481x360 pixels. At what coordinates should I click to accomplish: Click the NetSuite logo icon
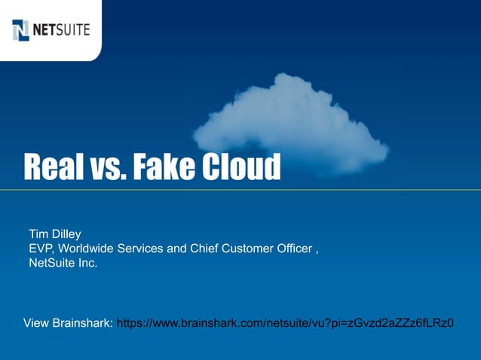coord(20,30)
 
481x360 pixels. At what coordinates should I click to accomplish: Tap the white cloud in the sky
coord(290,128)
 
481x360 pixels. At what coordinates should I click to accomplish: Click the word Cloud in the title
coord(239,167)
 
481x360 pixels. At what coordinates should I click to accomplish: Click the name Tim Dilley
coord(54,233)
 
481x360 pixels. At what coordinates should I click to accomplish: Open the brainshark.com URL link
coord(286,324)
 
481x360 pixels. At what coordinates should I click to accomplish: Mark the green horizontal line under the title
coord(240,188)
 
